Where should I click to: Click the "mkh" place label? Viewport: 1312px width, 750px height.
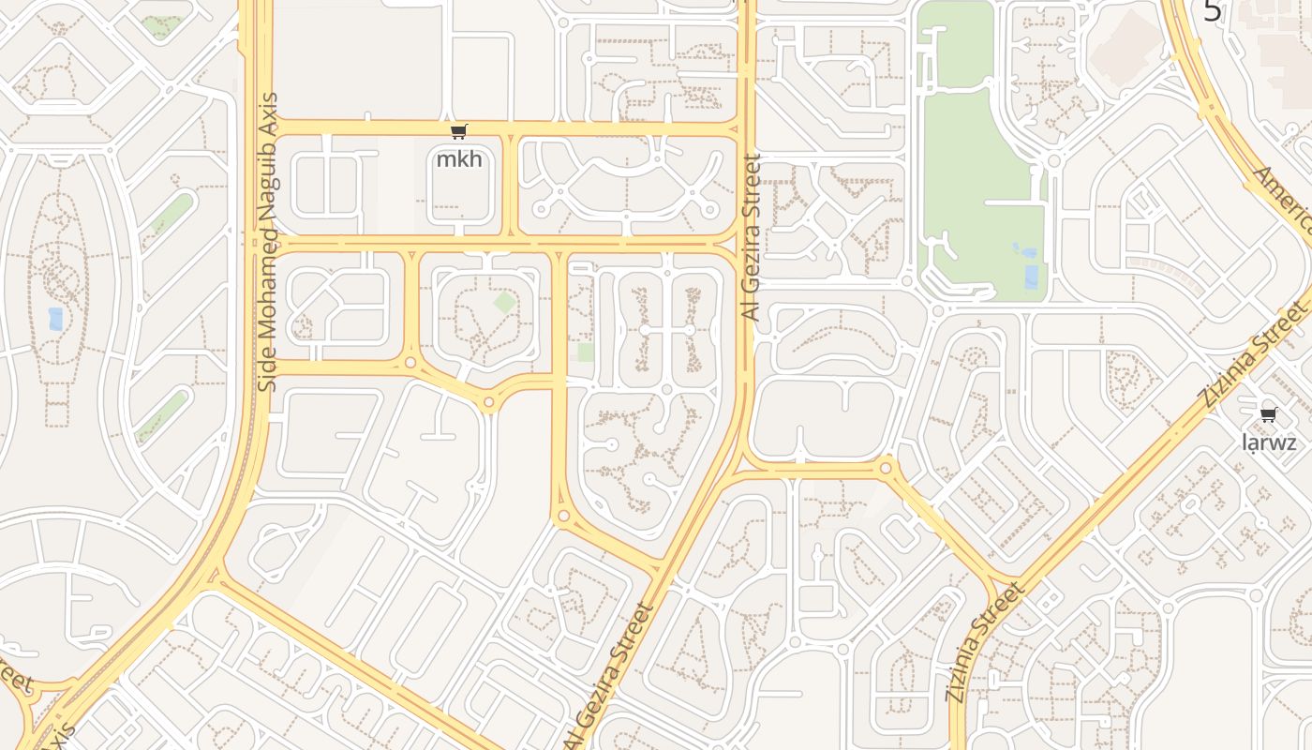459,158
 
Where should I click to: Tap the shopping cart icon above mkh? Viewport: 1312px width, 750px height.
458,132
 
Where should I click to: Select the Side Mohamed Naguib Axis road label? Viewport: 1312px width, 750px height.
269,242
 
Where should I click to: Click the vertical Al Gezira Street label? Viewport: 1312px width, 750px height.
751,238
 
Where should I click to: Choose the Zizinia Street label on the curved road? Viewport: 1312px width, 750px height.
987,642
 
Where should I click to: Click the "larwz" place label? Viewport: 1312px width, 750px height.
1268,442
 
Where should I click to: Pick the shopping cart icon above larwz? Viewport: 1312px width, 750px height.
1268,414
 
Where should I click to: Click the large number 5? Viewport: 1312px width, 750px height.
1213,11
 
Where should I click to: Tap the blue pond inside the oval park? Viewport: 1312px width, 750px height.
55,319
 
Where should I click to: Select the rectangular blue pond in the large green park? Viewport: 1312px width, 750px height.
1032,277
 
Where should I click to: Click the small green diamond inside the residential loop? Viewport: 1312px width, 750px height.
504,303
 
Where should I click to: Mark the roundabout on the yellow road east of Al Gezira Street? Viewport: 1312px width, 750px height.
886,467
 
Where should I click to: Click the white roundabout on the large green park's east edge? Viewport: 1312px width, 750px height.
1053,161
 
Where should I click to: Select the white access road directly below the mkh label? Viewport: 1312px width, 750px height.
459,231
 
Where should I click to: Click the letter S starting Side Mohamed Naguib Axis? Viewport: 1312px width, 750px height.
268,384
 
